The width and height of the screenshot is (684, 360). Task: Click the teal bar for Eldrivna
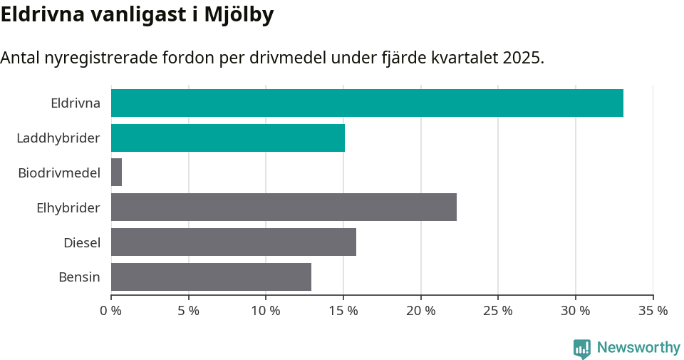367,103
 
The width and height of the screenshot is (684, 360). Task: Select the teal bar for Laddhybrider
228,138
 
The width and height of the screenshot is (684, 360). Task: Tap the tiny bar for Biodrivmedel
116,173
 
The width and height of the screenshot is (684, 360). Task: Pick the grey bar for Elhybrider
284,207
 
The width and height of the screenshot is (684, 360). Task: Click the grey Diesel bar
234,242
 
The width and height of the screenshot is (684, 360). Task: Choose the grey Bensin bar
211,277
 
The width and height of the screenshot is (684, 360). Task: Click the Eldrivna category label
76,103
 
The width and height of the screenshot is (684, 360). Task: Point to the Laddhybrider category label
58,138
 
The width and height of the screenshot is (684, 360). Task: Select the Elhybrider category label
68,207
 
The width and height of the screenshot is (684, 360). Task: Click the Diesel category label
82,242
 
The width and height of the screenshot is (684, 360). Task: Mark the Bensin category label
79,277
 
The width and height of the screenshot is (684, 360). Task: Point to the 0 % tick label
111,311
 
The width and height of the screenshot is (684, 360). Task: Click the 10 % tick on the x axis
266,311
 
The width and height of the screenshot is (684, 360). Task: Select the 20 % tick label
421,311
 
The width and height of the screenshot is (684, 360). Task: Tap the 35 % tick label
653,311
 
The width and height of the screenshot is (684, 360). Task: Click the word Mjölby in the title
237,15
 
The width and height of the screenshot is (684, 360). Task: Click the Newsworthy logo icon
581,348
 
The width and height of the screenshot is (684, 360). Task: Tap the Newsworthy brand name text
638,348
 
